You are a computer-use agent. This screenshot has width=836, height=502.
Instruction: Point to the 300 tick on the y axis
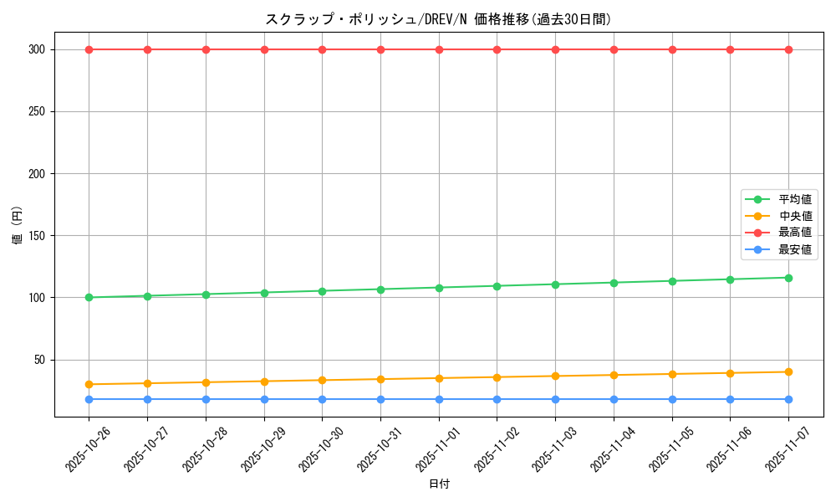[35, 49]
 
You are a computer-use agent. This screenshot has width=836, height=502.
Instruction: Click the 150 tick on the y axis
[35, 236]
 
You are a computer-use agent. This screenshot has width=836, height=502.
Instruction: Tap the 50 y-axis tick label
[38, 360]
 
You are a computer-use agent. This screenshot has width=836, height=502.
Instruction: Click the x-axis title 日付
[439, 484]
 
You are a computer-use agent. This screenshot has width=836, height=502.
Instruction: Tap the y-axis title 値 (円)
[17, 226]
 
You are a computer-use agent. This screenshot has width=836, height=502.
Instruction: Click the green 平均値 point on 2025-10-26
[89, 297]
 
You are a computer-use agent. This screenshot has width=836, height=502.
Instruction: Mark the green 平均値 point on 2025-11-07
[788, 278]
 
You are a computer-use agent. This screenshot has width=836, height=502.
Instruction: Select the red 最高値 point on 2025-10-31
[380, 49]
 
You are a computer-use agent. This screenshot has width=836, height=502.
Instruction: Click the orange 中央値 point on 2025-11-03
[555, 376]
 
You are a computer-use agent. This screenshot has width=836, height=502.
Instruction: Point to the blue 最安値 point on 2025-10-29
[264, 399]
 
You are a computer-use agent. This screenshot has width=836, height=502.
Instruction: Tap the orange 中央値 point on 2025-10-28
[206, 382]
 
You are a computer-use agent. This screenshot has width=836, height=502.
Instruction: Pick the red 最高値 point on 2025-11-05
[672, 49]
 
